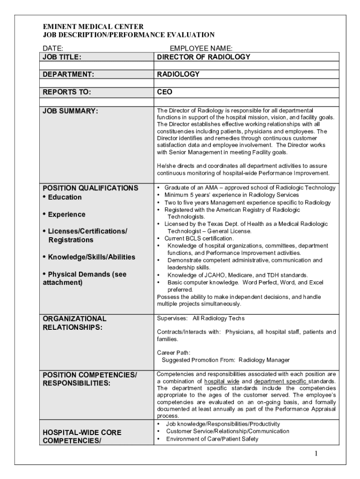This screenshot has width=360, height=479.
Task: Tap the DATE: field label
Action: (53, 48)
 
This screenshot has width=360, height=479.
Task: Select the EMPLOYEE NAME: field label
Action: (201, 48)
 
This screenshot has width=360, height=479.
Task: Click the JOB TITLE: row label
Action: (62, 57)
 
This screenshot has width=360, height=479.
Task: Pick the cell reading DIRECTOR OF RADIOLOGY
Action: (203, 57)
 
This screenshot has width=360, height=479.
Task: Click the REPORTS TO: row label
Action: (67, 92)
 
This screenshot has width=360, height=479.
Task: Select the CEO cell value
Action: (165, 92)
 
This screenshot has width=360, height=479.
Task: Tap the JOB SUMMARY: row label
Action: (71, 111)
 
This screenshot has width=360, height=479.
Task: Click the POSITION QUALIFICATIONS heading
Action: (91, 188)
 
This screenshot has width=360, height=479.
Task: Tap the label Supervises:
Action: (172, 319)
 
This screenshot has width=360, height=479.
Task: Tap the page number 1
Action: (316, 454)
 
